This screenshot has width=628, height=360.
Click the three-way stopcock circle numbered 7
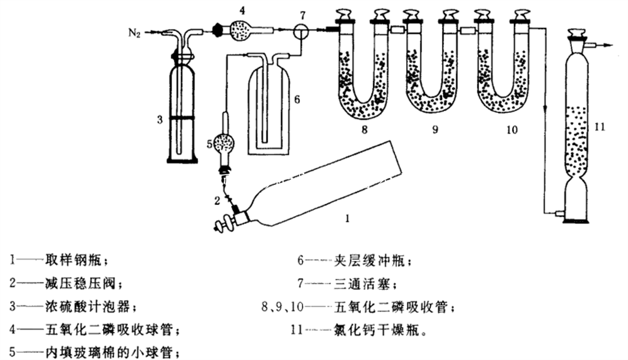tap(300, 31)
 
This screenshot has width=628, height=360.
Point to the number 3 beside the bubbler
tap(159, 120)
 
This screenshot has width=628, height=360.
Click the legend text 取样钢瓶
tap(75, 261)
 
